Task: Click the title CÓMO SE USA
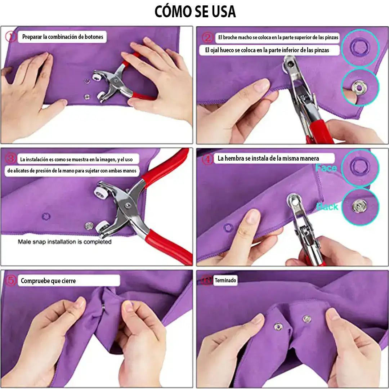[x=195, y=11]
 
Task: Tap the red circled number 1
[x=11, y=37]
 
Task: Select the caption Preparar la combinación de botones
[x=63, y=37]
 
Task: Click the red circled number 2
[x=207, y=38]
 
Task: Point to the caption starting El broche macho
[x=278, y=37]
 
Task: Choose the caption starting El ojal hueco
[x=267, y=50]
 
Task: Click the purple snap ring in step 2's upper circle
[x=360, y=46]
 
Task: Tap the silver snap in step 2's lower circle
[x=358, y=87]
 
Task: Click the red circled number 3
[x=11, y=158]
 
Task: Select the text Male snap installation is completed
[x=64, y=242]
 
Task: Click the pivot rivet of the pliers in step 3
[x=128, y=205]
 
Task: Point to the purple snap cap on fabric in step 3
[x=46, y=216]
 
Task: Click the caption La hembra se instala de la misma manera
[x=268, y=158]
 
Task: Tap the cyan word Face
[x=326, y=168]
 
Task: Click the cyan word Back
[x=327, y=207]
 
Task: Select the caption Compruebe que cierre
[x=48, y=281]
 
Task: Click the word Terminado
[x=225, y=280]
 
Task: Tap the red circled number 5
[x=11, y=281]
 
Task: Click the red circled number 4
[x=207, y=159]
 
